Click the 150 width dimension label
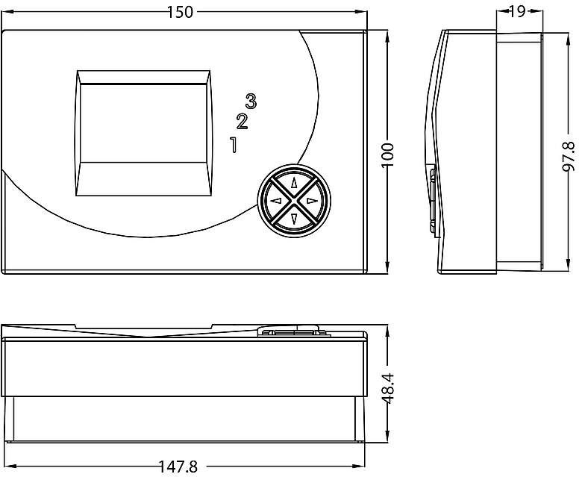pos(180,12)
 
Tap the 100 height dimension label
pos(388,155)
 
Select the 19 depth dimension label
pos(517,11)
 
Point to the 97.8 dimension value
pos(568,156)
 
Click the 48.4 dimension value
pos(388,388)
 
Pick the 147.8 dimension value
pos(178,467)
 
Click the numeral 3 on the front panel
pos(251,101)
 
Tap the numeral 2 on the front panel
pos(242,122)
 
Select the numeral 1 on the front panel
pos(234,145)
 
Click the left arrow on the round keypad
pos(276,201)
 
